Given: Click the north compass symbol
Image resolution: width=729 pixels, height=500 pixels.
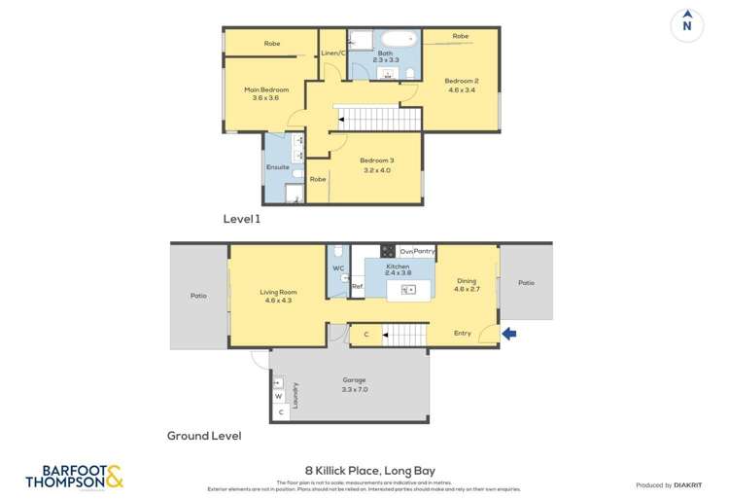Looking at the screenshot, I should [x=687, y=23].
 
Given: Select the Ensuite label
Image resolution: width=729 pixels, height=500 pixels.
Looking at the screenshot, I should [x=278, y=167].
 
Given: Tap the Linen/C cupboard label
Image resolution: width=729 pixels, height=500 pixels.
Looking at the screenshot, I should [x=333, y=53].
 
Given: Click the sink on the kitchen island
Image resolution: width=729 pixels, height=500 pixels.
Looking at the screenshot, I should [x=408, y=289].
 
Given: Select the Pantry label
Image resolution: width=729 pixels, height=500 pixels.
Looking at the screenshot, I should [x=424, y=251].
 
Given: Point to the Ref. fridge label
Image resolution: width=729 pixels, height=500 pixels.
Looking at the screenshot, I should [x=357, y=287].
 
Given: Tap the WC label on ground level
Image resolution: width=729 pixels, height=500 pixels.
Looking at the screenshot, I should [x=338, y=268].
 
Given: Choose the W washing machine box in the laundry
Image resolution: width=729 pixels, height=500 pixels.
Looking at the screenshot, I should [x=278, y=396].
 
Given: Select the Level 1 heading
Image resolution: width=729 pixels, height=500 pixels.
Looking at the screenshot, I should [x=242, y=220].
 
